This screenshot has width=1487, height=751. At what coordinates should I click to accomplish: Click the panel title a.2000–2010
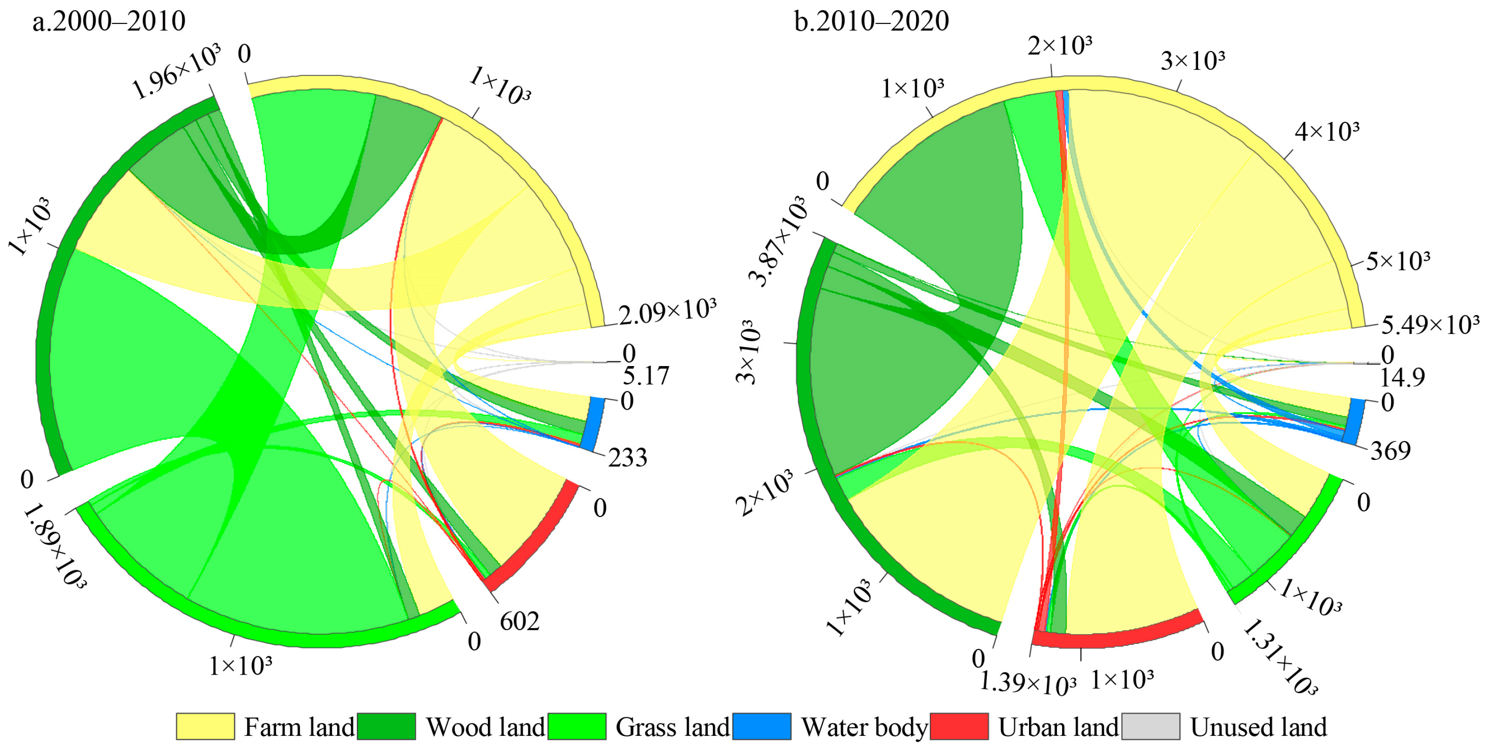109,22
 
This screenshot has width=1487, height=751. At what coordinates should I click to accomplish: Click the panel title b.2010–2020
871,22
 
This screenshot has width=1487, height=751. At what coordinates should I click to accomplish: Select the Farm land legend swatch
205,726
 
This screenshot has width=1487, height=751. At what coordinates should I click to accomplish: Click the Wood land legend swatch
386,726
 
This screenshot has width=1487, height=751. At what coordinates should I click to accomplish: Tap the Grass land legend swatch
577,726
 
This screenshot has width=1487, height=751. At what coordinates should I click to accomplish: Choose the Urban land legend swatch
959,726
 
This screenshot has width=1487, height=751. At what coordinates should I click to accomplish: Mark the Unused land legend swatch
1150,726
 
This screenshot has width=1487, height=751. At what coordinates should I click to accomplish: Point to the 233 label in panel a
628,458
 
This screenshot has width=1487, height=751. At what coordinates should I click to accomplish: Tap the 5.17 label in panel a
645,376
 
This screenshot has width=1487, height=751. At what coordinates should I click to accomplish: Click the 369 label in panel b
1391,451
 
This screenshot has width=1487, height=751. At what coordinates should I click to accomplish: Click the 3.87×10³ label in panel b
778,241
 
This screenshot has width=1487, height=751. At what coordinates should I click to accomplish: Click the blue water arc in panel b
1354,422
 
